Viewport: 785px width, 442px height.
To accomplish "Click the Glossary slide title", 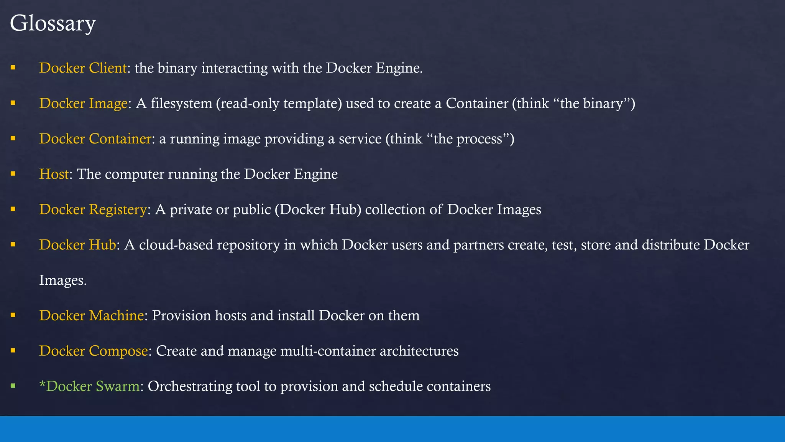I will point(53,23).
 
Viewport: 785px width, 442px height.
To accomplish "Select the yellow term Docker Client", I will point(83,68).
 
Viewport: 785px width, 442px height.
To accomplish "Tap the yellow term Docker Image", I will point(83,103).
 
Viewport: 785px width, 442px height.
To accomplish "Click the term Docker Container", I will point(95,139).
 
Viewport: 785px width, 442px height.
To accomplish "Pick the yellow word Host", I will point(54,174).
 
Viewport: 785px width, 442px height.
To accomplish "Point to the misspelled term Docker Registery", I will point(93,209).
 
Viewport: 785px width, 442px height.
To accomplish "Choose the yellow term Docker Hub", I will point(77,245).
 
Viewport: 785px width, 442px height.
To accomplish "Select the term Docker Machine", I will point(91,315).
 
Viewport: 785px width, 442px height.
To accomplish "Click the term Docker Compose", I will point(93,351).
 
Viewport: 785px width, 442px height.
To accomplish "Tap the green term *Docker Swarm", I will point(89,386).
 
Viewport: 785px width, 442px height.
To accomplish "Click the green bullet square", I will point(13,386).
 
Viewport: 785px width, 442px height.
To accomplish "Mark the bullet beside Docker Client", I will point(13,68).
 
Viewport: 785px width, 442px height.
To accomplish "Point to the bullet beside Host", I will point(13,173).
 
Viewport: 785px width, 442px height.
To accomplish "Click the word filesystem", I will point(181,103).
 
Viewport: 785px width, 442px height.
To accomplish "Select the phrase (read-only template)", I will point(279,103).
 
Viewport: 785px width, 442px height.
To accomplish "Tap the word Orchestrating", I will point(190,386).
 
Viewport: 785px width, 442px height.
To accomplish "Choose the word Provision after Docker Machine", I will point(181,315).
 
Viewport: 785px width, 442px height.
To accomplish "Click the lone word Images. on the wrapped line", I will point(63,280).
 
